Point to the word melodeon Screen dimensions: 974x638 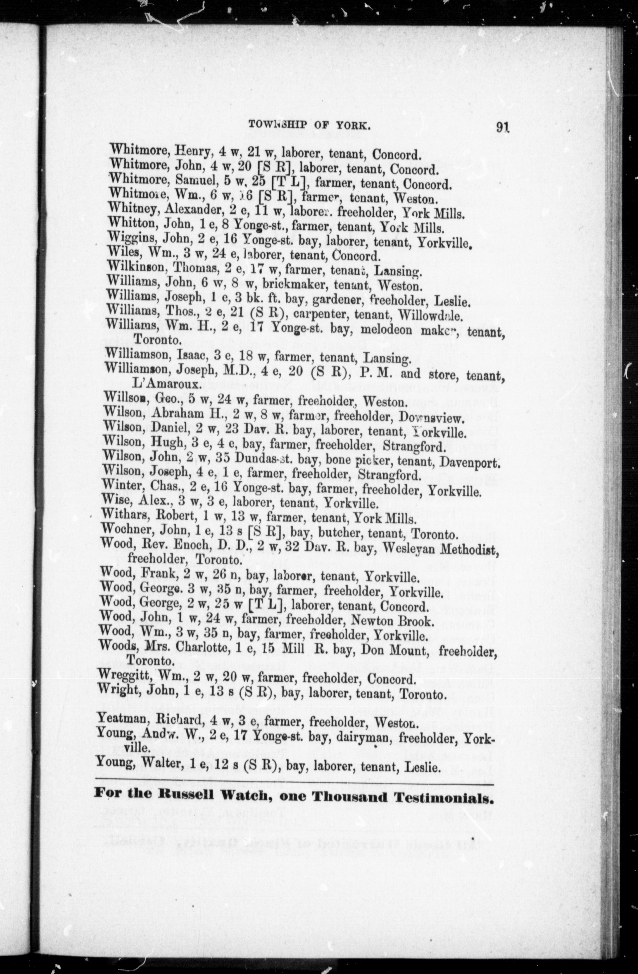tap(386, 330)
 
